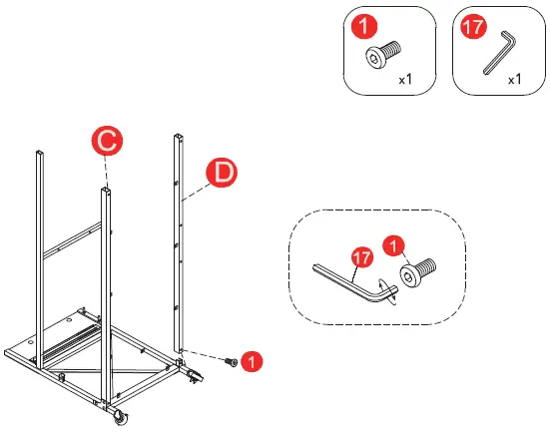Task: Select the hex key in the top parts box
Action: (x=497, y=52)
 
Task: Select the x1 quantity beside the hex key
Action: (x=515, y=79)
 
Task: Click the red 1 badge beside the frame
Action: (x=256, y=362)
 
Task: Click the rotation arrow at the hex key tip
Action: (x=394, y=290)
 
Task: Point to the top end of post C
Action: (x=104, y=187)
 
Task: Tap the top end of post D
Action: (x=180, y=134)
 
